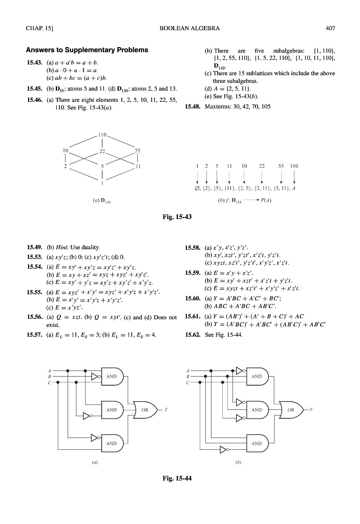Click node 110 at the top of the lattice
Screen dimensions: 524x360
point(102,135)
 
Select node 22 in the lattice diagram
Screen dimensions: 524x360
point(102,150)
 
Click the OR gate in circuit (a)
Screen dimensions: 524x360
point(144,409)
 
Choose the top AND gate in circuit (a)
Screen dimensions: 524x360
point(112,376)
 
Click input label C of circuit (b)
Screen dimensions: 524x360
point(188,382)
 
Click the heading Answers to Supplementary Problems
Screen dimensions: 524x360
point(87,50)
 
